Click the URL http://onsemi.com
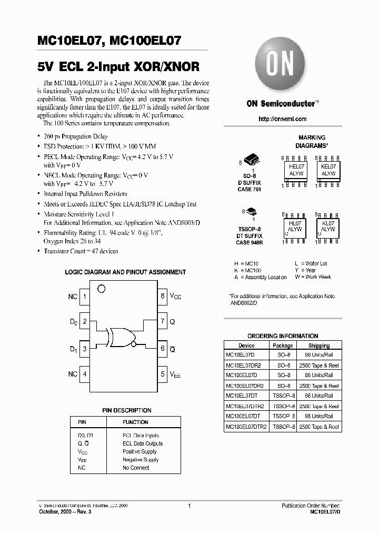(x=283, y=119)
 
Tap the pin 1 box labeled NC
(x=85, y=297)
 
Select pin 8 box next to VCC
(x=163, y=297)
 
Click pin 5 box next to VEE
(x=163, y=374)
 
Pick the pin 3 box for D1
(x=85, y=349)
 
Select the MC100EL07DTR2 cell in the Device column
(x=246, y=427)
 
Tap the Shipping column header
(x=318, y=346)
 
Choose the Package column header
(x=283, y=346)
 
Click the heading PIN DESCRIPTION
(x=126, y=410)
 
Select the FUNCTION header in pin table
(x=135, y=422)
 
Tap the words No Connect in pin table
(x=136, y=468)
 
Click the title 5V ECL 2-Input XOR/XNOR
(x=119, y=67)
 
